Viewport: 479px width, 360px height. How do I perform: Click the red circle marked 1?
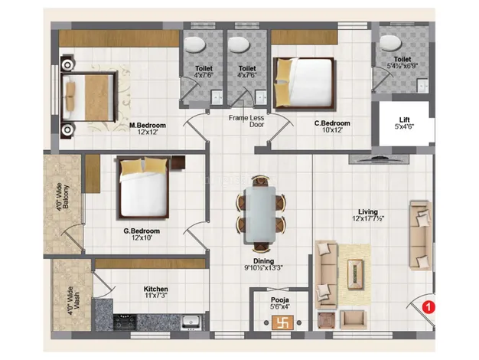tap(428, 306)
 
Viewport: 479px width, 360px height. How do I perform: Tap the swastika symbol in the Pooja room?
tap(282, 322)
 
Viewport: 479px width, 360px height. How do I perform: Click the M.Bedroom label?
tap(147, 125)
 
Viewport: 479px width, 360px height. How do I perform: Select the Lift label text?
tap(404, 119)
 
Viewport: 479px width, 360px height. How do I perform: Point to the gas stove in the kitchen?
tap(124, 322)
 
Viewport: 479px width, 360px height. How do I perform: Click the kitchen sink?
tap(191, 322)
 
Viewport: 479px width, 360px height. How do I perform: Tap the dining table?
tap(260, 214)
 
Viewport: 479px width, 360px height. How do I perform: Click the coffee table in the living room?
tap(356, 274)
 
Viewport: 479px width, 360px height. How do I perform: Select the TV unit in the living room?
tap(379, 159)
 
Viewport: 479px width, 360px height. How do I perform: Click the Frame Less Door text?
tap(246, 121)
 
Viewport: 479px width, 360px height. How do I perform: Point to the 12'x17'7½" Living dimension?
tap(368, 218)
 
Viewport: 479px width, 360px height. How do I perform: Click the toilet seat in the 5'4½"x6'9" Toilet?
tap(390, 43)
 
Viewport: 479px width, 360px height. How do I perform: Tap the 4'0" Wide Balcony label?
tap(62, 197)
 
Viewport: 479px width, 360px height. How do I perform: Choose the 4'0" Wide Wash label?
tap(73, 301)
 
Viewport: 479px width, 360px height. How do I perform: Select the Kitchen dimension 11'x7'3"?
tap(156, 296)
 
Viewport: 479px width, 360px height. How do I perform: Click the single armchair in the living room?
tap(354, 319)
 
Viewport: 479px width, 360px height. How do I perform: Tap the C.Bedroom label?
tap(332, 123)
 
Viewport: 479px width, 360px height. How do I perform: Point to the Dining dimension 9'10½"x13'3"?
tap(264, 268)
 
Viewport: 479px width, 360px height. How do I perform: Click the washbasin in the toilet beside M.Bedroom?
tap(217, 97)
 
